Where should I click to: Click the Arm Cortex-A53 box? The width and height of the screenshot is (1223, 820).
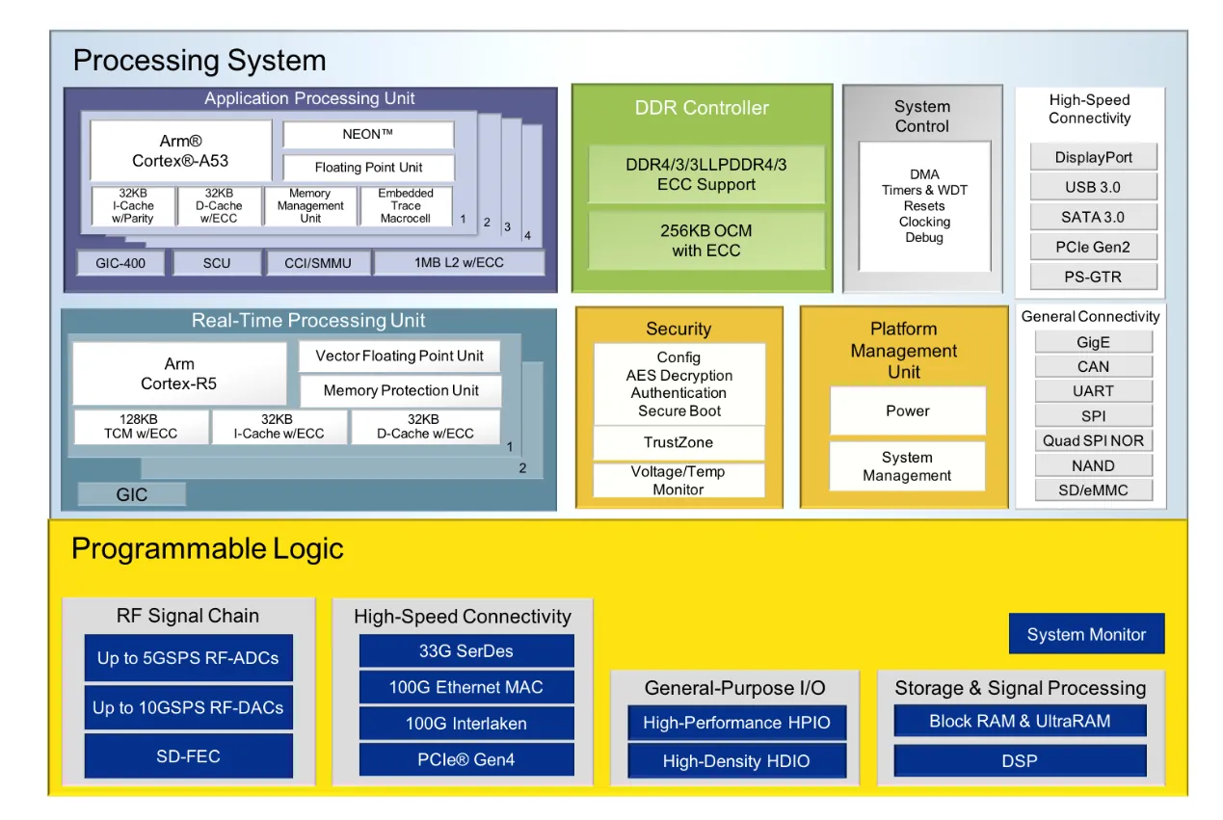[180, 150]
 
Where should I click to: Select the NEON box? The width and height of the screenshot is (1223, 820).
[367, 135]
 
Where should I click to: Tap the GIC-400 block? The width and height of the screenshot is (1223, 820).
[120, 262]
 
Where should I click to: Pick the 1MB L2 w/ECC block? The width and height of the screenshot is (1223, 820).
[459, 262]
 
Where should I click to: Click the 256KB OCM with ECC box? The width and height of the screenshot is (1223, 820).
[706, 241]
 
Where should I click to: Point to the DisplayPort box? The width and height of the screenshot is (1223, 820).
[1093, 157]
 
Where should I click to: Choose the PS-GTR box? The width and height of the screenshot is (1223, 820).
[1093, 277]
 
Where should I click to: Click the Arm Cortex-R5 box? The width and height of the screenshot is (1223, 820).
[179, 374]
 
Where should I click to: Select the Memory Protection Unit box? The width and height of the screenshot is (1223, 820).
[400, 390]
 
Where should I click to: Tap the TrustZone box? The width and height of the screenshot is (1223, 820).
[678, 442]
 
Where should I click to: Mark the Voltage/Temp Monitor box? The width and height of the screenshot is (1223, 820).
[678, 480]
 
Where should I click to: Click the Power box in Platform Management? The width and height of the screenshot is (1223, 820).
[907, 410]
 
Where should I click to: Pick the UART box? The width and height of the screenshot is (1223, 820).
[1093, 391]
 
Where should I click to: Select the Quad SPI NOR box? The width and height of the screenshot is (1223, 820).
[1093, 440]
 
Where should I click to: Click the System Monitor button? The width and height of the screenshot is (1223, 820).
[1086, 634]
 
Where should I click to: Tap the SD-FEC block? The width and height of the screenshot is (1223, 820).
[188, 756]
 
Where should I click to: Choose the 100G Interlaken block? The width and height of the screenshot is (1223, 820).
[465, 723]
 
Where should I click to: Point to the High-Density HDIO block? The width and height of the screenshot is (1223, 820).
[736, 761]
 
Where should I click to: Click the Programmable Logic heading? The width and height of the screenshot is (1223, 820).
[207, 549]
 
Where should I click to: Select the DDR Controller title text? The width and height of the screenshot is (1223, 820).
[702, 108]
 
